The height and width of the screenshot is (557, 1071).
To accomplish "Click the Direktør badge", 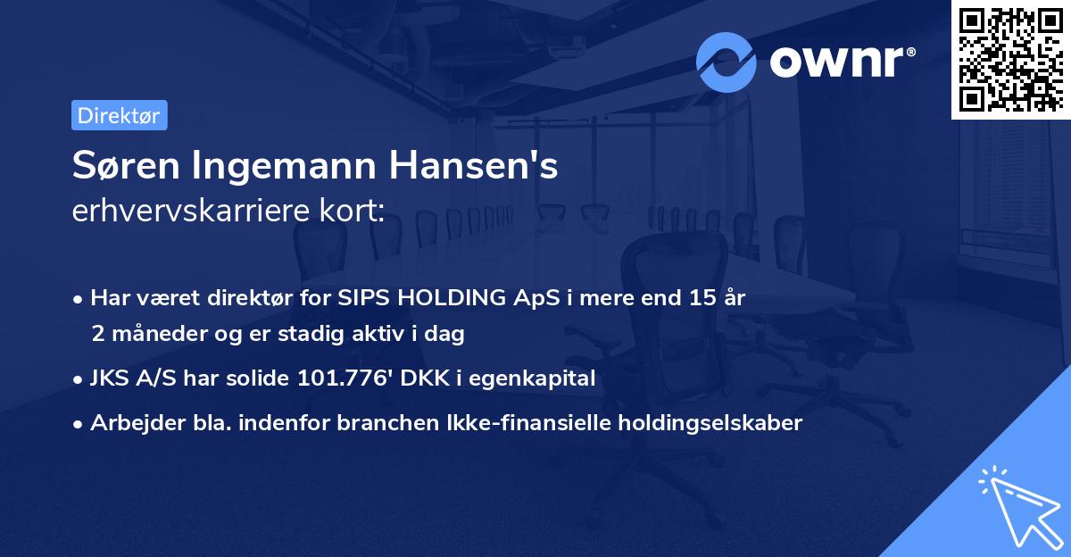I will (x=119, y=115).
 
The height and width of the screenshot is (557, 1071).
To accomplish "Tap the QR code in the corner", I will (x=1010, y=59).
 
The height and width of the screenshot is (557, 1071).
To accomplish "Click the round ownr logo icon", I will (x=726, y=62).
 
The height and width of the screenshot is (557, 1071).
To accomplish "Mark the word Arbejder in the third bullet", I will (x=130, y=423).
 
